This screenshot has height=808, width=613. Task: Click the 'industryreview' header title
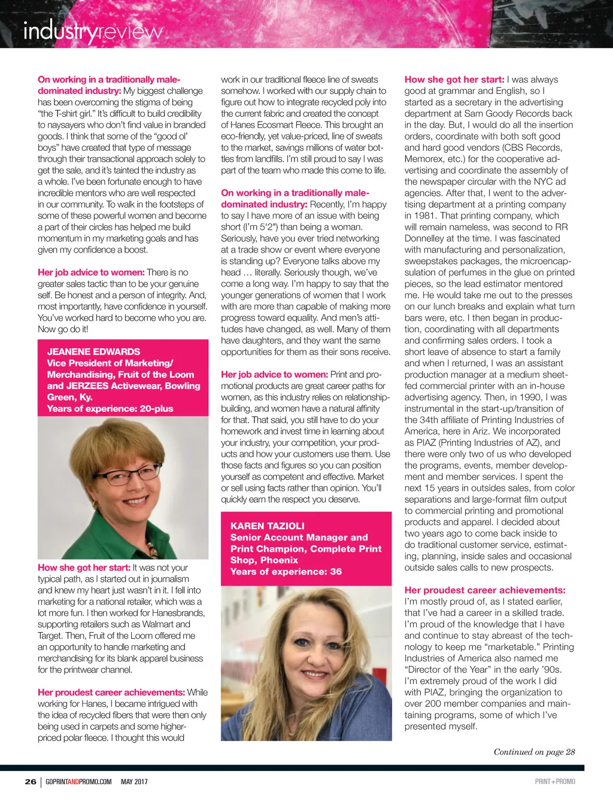click(x=93, y=31)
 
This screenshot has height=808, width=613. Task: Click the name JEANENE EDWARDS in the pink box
click(x=93, y=351)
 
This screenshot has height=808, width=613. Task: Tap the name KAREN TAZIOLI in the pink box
click(x=268, y=525)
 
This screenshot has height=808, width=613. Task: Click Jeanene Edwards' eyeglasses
click(x=126, y=476)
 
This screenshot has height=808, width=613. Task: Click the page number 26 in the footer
click(x=30, y=781)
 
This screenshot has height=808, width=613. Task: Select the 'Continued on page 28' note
click(x=534, y=752)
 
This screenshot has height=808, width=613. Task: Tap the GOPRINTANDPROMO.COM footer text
click(x=78, y=781)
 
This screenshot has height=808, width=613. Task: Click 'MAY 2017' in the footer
click(x=134, y=781)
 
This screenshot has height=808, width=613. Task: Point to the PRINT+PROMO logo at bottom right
click(x=555, y=781)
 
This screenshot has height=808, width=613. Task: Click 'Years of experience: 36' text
click(x=286, y=571)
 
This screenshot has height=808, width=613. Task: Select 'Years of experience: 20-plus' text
click(x=110, y=408)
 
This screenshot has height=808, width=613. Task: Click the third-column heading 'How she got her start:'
click(x=454, y=79)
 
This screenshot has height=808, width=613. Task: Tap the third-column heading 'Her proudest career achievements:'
click(x=485, y=590)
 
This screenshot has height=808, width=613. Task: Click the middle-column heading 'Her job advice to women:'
click(x=274, y=374)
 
